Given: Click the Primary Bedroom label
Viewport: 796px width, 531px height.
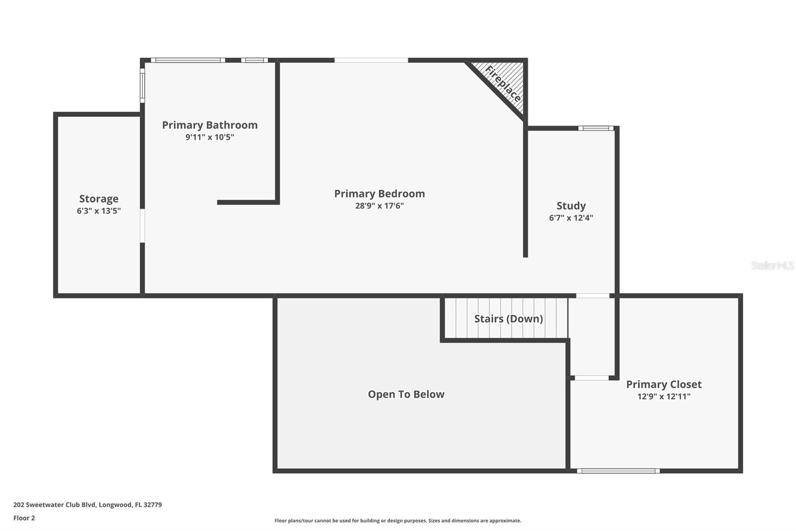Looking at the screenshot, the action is [x=379, y=194].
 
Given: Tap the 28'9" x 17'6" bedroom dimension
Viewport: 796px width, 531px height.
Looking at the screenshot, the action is [x=379, y=206].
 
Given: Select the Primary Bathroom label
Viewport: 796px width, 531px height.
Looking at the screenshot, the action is [x=209, y=125].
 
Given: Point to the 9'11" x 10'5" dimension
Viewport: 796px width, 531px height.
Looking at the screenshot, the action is [x=209, y=137].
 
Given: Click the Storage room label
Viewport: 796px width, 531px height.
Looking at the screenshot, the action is [x=99, y=199].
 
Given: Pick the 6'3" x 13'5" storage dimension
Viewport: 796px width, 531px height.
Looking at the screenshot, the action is [x=99, y=211].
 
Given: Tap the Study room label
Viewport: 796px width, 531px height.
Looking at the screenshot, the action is [x=571, y=206].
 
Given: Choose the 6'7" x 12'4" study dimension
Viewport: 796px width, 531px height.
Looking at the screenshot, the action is [x=571, y=218].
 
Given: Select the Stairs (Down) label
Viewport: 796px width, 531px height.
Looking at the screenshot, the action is [x=508, y=318].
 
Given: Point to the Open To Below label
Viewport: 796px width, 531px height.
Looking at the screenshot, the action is [x=406, y=395].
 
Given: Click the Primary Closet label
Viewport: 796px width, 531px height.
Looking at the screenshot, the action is [x=664, y=385].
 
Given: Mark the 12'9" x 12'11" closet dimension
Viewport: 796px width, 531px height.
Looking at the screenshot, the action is [x=664, y=397].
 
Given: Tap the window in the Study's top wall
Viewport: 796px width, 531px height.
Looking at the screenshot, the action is [x=596, y=128].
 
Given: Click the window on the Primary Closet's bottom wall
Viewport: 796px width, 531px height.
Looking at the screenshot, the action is [x=618, y=471].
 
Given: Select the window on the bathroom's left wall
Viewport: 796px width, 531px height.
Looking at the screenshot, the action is [x=142, y=85].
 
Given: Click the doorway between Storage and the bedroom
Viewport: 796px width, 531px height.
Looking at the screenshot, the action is [x=142, y=226].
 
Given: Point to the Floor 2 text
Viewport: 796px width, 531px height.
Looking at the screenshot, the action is [x=24, y=518].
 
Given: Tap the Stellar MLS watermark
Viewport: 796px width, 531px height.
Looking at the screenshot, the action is [x=773, y=265].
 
